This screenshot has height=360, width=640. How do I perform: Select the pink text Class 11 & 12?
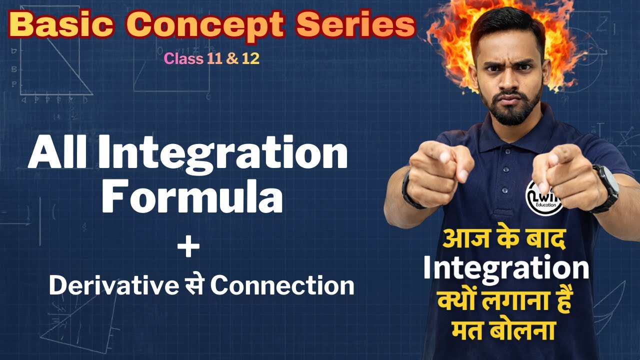(211, 58)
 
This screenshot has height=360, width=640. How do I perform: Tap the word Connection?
(282, 285)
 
